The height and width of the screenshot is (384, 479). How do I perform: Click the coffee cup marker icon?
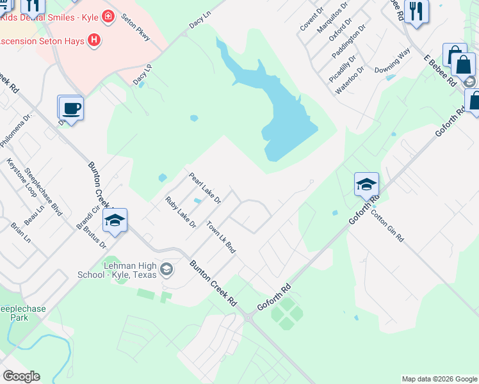click(71, 107)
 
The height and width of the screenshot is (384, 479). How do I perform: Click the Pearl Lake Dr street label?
click(204, 188)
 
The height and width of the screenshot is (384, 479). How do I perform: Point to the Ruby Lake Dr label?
click(180, 212)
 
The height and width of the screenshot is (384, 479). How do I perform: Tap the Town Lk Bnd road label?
click(221, 237)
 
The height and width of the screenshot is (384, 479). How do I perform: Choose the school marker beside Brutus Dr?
click(115, 220)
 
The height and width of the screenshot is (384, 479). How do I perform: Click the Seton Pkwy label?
click(135, 27)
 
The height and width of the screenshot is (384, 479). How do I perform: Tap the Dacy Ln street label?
click(199, 19)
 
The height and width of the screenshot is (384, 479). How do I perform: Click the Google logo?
click(21, 376)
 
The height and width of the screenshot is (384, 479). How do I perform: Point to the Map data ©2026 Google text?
click(439, 379)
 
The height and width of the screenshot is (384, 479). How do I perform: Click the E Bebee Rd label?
click(439, 70)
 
